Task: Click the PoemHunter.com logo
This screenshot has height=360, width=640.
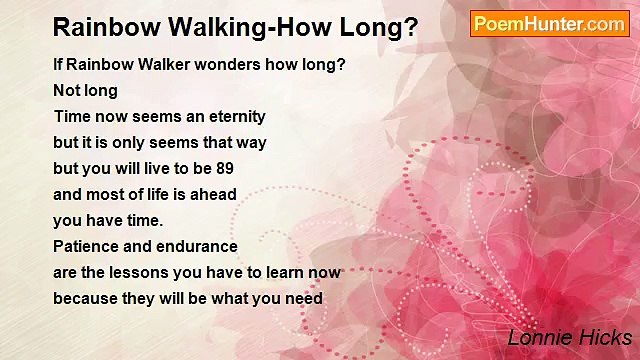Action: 549,24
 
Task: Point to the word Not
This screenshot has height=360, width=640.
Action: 66,91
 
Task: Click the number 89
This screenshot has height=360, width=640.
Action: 224,169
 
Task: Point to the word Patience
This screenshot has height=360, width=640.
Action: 88,246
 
